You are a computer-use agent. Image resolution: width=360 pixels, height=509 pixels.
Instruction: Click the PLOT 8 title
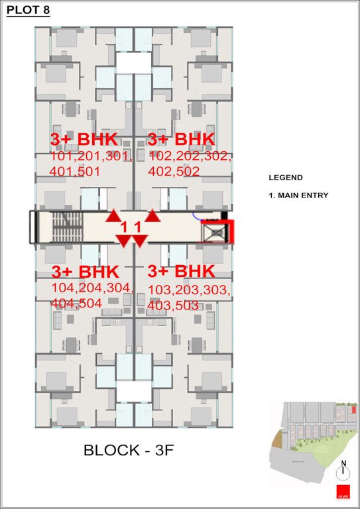pyautogui.click(x=27, y=10)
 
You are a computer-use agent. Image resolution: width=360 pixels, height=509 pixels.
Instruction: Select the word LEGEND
pyautogui.click(x=285, y=178)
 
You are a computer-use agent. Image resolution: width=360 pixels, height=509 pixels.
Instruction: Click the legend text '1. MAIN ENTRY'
pyautogui.click(x=298, y=196)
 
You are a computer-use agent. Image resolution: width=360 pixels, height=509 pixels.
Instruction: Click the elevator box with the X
pyautogui.click(x=215, y=233)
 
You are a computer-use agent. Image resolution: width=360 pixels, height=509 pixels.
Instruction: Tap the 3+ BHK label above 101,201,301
pyautogui.click(x=84, y=140)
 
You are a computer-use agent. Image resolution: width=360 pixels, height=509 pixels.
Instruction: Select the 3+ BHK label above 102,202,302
pyautogui.click(x=181, y=140)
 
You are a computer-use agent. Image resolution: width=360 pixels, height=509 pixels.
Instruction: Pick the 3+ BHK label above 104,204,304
pyautogui.click(x=85, y=272)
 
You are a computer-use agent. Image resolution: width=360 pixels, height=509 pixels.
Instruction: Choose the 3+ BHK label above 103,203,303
pyautogui.click(x=181, y=272)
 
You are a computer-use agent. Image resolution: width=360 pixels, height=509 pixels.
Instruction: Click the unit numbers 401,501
pyautogui.click(x=75, y=172)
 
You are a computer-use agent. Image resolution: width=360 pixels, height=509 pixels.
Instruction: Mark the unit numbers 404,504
pyautogui.click(x=76, y=303)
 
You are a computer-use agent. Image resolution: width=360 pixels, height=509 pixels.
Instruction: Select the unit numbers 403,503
pyautogui.click(x=174, y=306)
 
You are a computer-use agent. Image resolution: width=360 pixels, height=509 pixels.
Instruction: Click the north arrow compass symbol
pyautogui.click(x=343, y=471)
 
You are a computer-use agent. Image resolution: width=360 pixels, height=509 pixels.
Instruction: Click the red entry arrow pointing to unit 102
pyautogui.click(x=153, y=215)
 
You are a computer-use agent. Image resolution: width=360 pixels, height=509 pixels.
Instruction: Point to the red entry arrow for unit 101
pyautogui.click(x=114, y=215)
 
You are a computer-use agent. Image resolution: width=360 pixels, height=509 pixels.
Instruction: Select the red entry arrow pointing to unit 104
pyautogui.click(x=123, y=241)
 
